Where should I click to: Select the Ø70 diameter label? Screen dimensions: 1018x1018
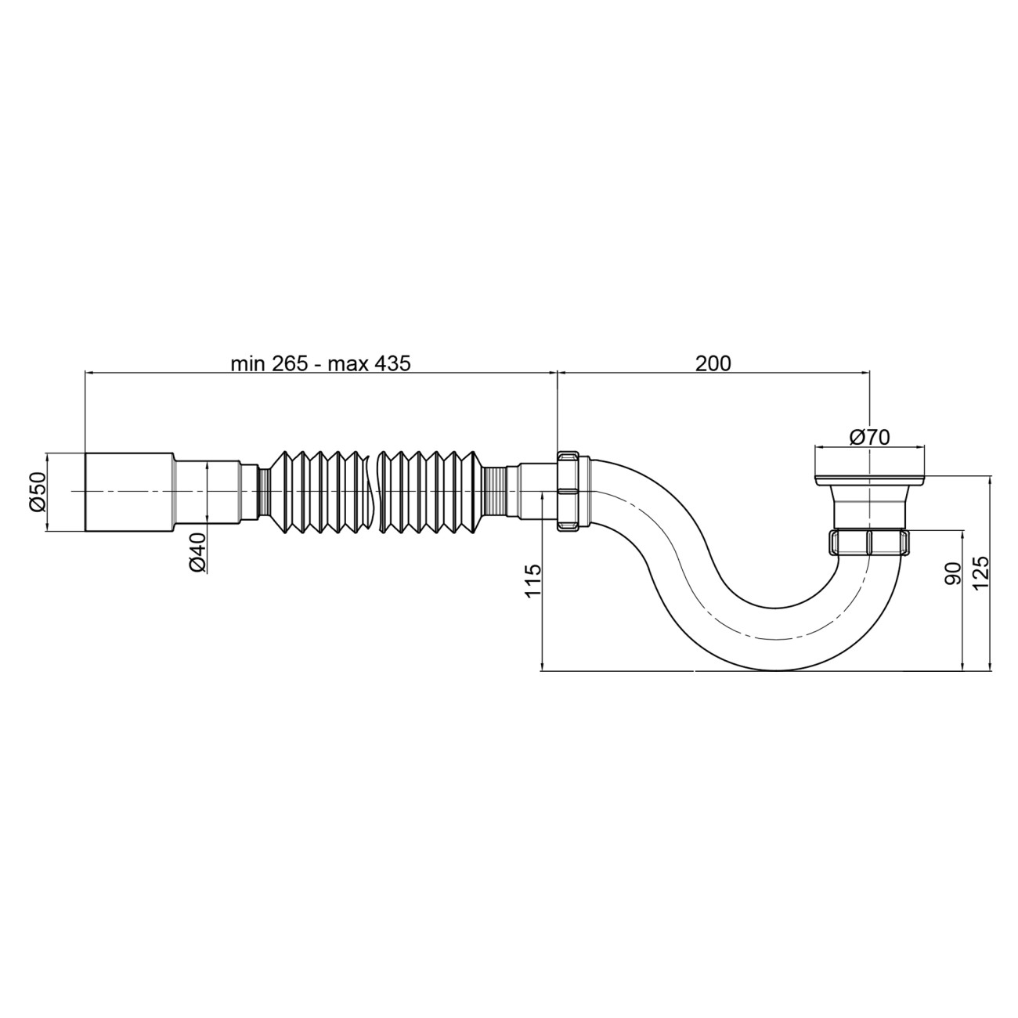click(x=869, y=437)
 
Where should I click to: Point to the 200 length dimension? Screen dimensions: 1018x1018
click(x=713, y=363)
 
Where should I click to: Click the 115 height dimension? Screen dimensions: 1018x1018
click(x=533, y=580)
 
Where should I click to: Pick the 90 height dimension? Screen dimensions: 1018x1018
click(x=952, y=573)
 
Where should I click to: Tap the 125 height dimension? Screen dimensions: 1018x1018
click(x=980, y=573)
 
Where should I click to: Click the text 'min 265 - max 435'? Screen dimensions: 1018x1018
click(x=320, y=363)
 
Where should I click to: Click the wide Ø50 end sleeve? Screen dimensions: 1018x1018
click(x=129, y=492)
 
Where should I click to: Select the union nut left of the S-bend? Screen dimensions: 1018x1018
click(x=569, y=491)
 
